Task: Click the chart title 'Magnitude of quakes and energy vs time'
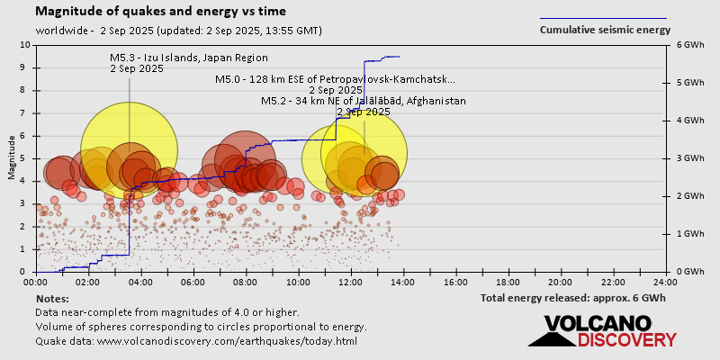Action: point(162,12)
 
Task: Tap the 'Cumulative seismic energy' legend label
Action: point(605,30)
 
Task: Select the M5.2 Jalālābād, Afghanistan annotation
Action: point(363,101)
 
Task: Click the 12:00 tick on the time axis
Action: point(351,282)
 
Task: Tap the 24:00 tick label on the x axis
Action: point(665,282)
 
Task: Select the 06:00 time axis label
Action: point(193,282)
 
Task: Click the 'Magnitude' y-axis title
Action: point(12,158)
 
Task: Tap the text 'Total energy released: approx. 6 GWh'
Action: point(573,298)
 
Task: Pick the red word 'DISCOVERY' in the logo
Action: point(627,340)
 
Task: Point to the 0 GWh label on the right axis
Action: point(688,272)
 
